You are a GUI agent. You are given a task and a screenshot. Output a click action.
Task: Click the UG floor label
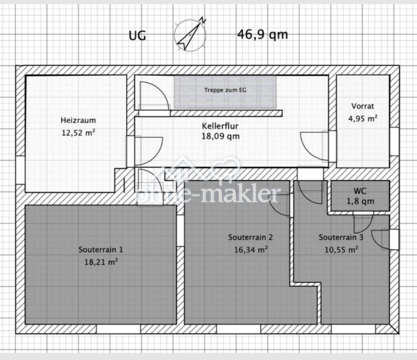pos(137,36)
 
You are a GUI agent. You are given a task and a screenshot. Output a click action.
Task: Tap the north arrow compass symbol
pos(190,34)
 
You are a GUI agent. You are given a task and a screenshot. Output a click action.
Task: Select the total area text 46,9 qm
pos(263,34)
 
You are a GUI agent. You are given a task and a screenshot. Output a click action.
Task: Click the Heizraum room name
pos(78,120)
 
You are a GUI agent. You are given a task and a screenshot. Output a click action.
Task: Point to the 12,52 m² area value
pos(78,132)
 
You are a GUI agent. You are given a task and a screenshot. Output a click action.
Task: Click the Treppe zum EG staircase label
pos(225,90)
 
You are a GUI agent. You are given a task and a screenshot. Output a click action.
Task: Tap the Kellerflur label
pos(220,126)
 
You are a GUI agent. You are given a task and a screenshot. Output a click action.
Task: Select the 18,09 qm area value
pos(221,136)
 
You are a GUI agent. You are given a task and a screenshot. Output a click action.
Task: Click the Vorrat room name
pos(363,106)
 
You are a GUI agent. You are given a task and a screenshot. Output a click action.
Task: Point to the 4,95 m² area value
pos(363,118)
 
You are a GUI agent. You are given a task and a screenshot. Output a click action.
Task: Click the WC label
pos(360,191)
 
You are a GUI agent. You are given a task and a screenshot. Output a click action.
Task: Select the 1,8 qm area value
pos(360,201)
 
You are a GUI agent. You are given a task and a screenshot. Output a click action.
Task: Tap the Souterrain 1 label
pos(100,250)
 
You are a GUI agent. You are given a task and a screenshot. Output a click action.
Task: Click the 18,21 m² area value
pos(101,262)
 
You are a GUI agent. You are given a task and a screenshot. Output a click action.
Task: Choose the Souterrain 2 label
pos(251,237)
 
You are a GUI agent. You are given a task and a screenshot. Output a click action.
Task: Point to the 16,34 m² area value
pos(251,250)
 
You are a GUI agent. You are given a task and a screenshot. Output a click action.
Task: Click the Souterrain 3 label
pos(341,237)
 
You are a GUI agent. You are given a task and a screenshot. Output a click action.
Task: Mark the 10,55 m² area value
pos(341,250)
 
